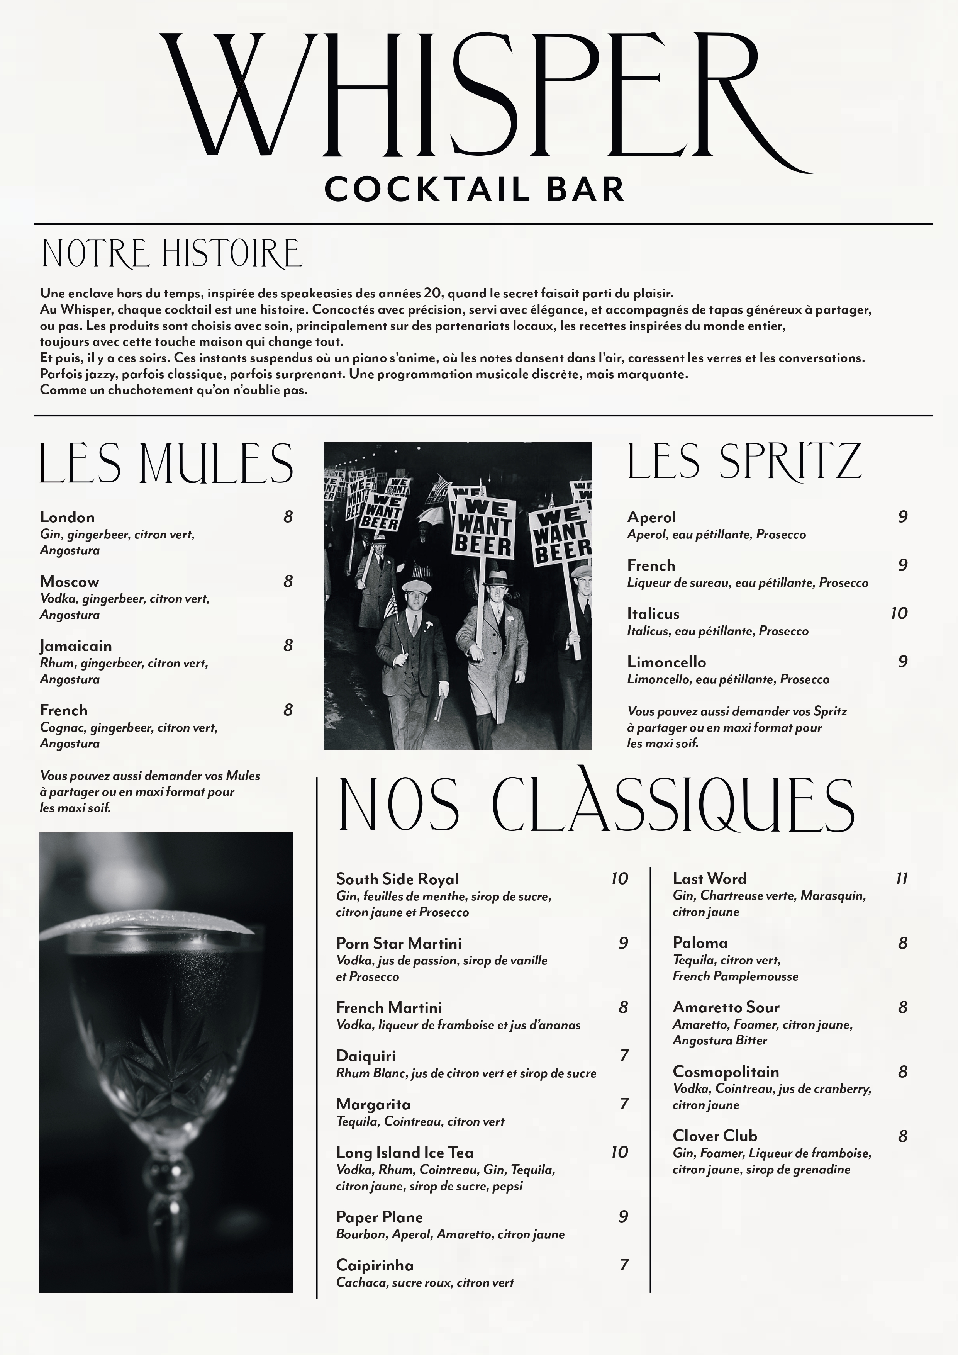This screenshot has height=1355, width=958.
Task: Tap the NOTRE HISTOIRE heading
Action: pyautogui.click(x=171, y=254)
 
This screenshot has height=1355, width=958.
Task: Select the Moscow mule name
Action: pyautogui.click(x=70, y=582)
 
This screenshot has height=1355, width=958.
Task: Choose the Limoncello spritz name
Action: pyautogui.click(x=666, y=662)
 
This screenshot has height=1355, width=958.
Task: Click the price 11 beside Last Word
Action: pyautogui.click(x=901, y=879)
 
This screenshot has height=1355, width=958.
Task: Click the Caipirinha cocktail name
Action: pyautogui.click(x=375, y=1265)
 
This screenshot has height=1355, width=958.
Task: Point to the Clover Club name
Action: pyautogui.click(x=714, y=1136)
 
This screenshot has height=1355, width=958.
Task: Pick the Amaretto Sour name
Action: pyautogui.click(x=726, y=1007)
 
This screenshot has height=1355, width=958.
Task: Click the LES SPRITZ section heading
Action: pyautogui.click(x=743, y=462)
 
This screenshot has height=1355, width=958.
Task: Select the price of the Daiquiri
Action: pyautogui.click(x=624, y=1055)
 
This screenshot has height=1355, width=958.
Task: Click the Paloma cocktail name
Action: pyautogui.click(x=700, y=943)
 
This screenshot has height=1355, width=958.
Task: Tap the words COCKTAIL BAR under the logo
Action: pyautogui.click(x=474, y=189)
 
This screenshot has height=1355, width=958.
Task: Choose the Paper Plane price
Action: pyautogui.click(x=623, y=1216)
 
